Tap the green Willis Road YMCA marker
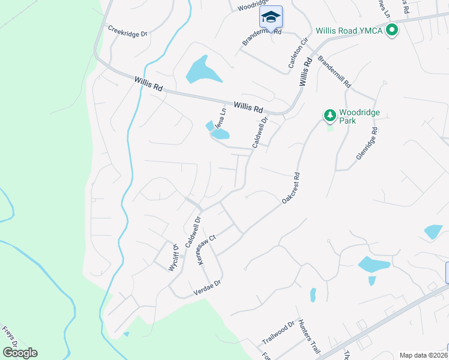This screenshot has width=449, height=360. point(393,29)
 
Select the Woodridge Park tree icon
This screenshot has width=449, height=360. point(329,115)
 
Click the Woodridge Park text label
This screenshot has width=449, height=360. point(356,116)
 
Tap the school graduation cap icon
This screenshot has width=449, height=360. point(271,16)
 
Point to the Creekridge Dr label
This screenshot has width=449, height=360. point(127,31)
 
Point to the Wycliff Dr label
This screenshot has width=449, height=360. point(173,257)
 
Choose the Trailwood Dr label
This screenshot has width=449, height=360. point(279,333)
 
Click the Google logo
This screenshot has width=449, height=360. point(20,353)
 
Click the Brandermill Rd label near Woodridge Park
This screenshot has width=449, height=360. point(334,73)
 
